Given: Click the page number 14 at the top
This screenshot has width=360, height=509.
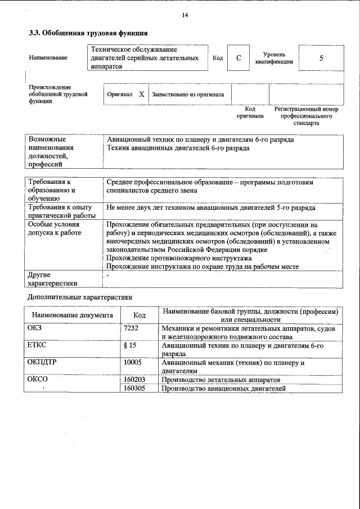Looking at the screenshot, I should (x=184, y=15).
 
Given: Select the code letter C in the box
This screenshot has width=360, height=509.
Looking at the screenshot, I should (x=238, y=58).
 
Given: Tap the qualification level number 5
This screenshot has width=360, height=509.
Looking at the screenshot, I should (x=321, y=58).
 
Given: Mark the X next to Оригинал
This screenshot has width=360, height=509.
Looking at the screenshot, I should (x=141, y=94).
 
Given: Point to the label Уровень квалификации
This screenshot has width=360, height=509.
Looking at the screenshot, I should (x=273, y=58).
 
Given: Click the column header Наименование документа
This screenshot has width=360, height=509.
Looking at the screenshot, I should (x=73, y=316).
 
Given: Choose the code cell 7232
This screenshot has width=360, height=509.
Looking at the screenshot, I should (x=131, y=328).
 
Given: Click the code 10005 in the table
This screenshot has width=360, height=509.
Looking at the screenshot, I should (x=133, y=363).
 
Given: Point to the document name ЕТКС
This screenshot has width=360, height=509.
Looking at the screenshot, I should (x=37, y=345).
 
